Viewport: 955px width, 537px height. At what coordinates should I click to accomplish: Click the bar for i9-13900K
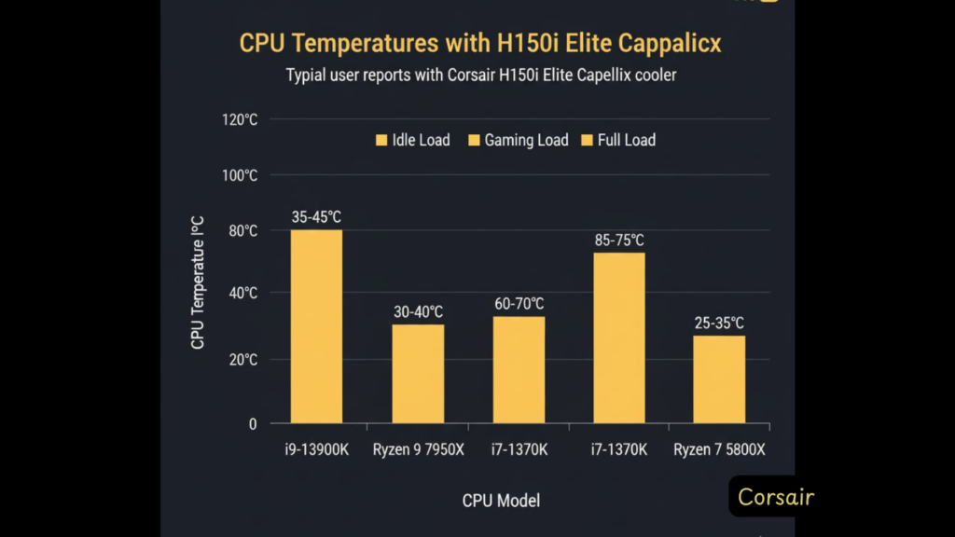point(316,326)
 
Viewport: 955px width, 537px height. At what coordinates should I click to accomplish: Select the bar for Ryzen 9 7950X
point(418,374)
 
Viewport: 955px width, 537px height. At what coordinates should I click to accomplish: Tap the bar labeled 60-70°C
point(519,370)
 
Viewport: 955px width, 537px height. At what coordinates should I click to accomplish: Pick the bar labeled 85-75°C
point(619,337)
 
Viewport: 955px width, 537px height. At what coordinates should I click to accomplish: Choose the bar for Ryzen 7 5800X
point(719,379)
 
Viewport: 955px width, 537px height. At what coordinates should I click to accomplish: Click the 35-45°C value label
point(316,217)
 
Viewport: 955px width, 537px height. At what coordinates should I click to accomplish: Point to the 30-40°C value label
point(418,311)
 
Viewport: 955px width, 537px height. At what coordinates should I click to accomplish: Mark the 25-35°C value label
point(719,323)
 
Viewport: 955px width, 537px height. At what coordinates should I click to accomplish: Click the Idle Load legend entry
point(412,140)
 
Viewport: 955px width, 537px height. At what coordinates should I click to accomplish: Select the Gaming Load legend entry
point(518,140)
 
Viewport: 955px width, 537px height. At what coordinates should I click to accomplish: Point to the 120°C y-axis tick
point(240,119)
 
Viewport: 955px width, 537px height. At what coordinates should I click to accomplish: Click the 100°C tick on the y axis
point(240,175)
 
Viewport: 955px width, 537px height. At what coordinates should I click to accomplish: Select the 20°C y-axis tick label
point(241,359)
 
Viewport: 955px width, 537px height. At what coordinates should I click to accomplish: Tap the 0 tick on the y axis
point(252,424)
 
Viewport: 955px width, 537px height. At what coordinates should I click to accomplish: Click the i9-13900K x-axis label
point(316,450)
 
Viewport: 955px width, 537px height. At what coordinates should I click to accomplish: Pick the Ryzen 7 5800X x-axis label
point(719,450)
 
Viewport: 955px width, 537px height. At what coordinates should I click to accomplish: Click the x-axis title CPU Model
point(501,501)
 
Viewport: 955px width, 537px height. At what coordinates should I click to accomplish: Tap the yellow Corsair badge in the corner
point(775,497)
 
